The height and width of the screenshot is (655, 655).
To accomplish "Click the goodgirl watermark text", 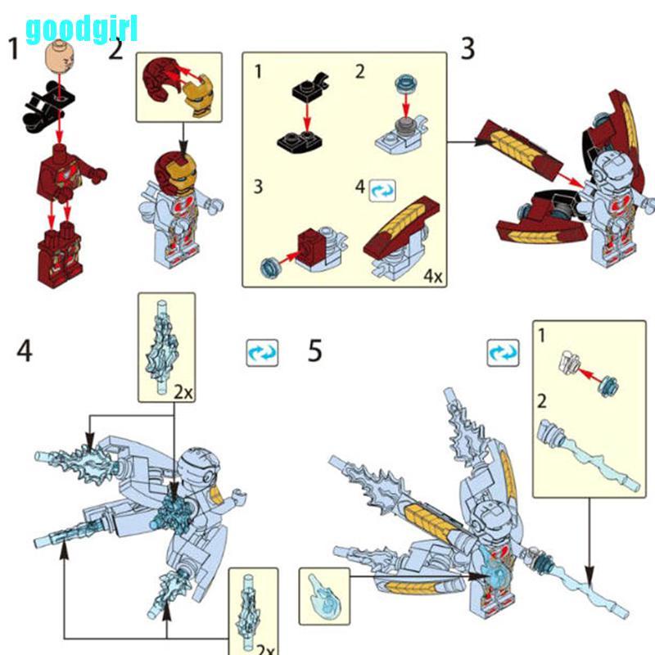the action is [81, 29].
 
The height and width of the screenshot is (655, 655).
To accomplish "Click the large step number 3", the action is [468, 48].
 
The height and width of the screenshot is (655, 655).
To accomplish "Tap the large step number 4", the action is [25, 350].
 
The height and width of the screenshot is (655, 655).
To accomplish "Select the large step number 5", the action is [314, 350].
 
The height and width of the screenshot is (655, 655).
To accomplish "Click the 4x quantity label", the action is [433, 276].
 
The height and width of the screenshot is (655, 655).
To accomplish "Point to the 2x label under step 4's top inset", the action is [183, 392].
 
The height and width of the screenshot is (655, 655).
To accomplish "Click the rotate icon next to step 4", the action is [262, 353].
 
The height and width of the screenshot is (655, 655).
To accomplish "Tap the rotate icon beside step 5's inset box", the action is [503, 353].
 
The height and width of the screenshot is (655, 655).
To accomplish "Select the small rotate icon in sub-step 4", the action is [382, 191].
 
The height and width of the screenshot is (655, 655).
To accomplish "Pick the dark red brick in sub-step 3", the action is [310, 247].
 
